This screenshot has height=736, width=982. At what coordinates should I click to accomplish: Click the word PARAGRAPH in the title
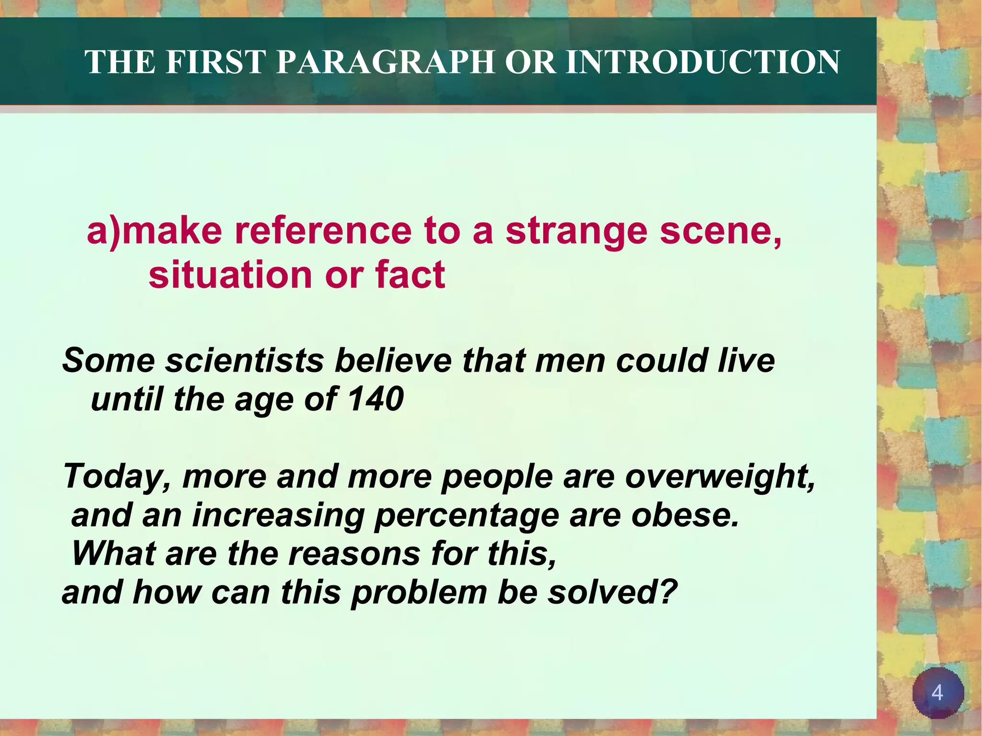(386, 62)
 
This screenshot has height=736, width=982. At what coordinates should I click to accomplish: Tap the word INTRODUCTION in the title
(702, 62)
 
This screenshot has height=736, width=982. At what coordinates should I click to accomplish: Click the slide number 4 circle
(937, 693)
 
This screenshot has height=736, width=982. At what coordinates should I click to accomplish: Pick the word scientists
(245, 361)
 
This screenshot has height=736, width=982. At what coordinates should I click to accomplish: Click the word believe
(393, 361)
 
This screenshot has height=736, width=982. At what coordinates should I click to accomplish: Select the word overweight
(720, 477)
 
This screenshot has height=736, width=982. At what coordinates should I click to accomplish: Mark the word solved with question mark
(612, 592)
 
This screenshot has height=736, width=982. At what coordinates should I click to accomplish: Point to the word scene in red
(721, 231)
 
